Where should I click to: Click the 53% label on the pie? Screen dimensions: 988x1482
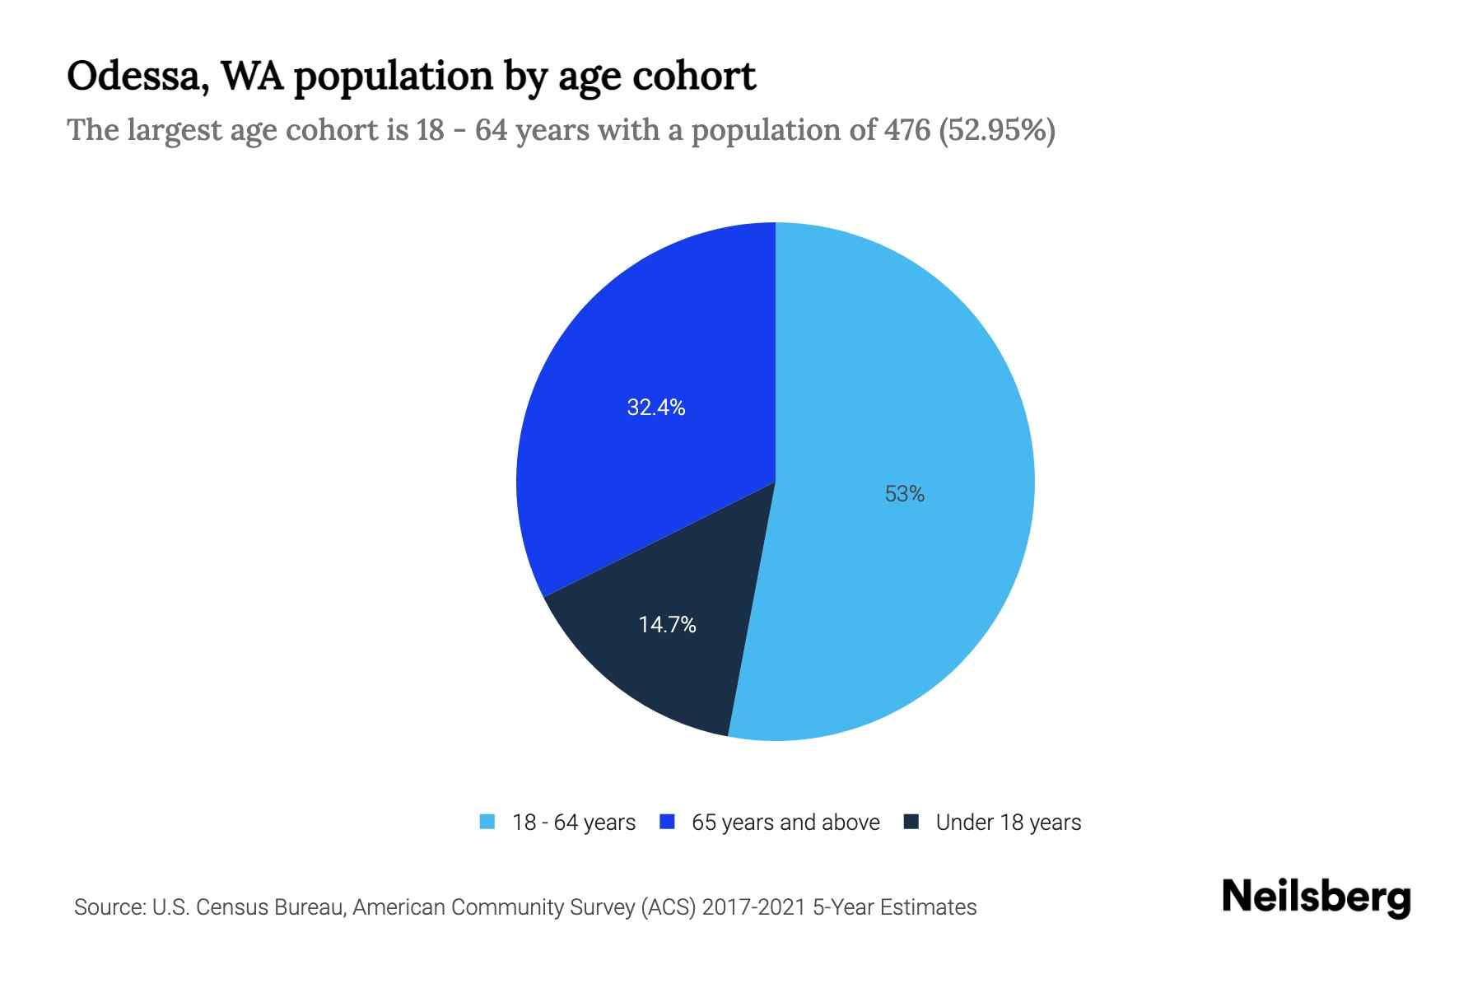[x=904, y=494]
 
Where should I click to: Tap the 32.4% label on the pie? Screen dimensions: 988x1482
[x=655, y=408]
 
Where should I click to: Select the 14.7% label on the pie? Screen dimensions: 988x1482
[x=667, y=625]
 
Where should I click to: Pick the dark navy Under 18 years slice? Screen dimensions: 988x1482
[x=659, y=667]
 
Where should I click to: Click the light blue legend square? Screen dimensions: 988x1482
[x=487, y=822]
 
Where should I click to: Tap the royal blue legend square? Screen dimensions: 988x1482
[x=667, y=822]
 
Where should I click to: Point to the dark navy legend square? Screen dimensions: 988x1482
[x=911, y=822]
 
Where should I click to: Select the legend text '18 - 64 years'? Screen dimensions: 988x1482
[x=573, y=823]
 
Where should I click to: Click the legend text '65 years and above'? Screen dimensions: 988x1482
[x=785, y=823]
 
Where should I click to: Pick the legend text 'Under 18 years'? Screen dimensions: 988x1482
[x=1008, y=823]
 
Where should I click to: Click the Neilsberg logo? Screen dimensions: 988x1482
[x=1316, y=897]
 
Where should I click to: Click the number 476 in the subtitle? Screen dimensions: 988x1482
[x=907, y=130]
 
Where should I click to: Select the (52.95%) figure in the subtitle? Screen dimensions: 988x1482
[x=997, y=130]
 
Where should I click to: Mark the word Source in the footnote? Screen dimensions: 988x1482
[x=108, y=907]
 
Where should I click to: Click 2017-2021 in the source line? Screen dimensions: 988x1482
[x=753, y=907]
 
